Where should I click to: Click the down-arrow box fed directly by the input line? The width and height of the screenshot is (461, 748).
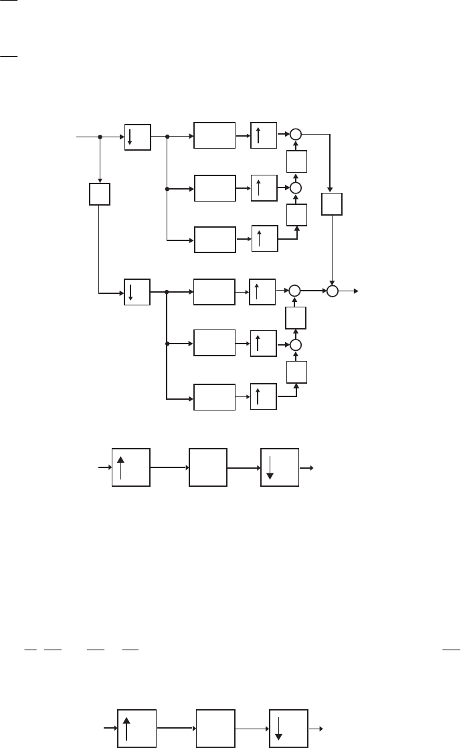[x=138, y=137]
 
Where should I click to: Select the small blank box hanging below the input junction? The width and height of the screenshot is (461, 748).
[x=99, y=195]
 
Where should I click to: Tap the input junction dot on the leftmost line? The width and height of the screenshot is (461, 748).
[x=100, y=137]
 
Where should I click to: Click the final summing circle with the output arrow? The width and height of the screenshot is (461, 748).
[x=333, y=291]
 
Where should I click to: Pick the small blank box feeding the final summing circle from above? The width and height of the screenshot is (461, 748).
[x=332, y=204]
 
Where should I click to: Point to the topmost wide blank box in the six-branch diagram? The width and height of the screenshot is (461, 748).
[x=215, y=135]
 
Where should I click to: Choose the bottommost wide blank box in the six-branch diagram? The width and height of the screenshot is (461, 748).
[x=215, y=397]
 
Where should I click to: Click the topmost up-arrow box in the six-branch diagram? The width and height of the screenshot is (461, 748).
[x=262, y=135]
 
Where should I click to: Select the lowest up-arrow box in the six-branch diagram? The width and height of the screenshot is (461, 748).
[x=262, y=397]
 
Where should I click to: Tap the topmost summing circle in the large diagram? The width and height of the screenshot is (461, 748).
[x=296, y=135]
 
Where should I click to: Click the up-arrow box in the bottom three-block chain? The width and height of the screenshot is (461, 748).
[x=137, y=726]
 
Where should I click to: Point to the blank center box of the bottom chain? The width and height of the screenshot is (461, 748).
[x=215, y=726]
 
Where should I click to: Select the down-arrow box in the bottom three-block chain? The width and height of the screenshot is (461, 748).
[x=288, y=726]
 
